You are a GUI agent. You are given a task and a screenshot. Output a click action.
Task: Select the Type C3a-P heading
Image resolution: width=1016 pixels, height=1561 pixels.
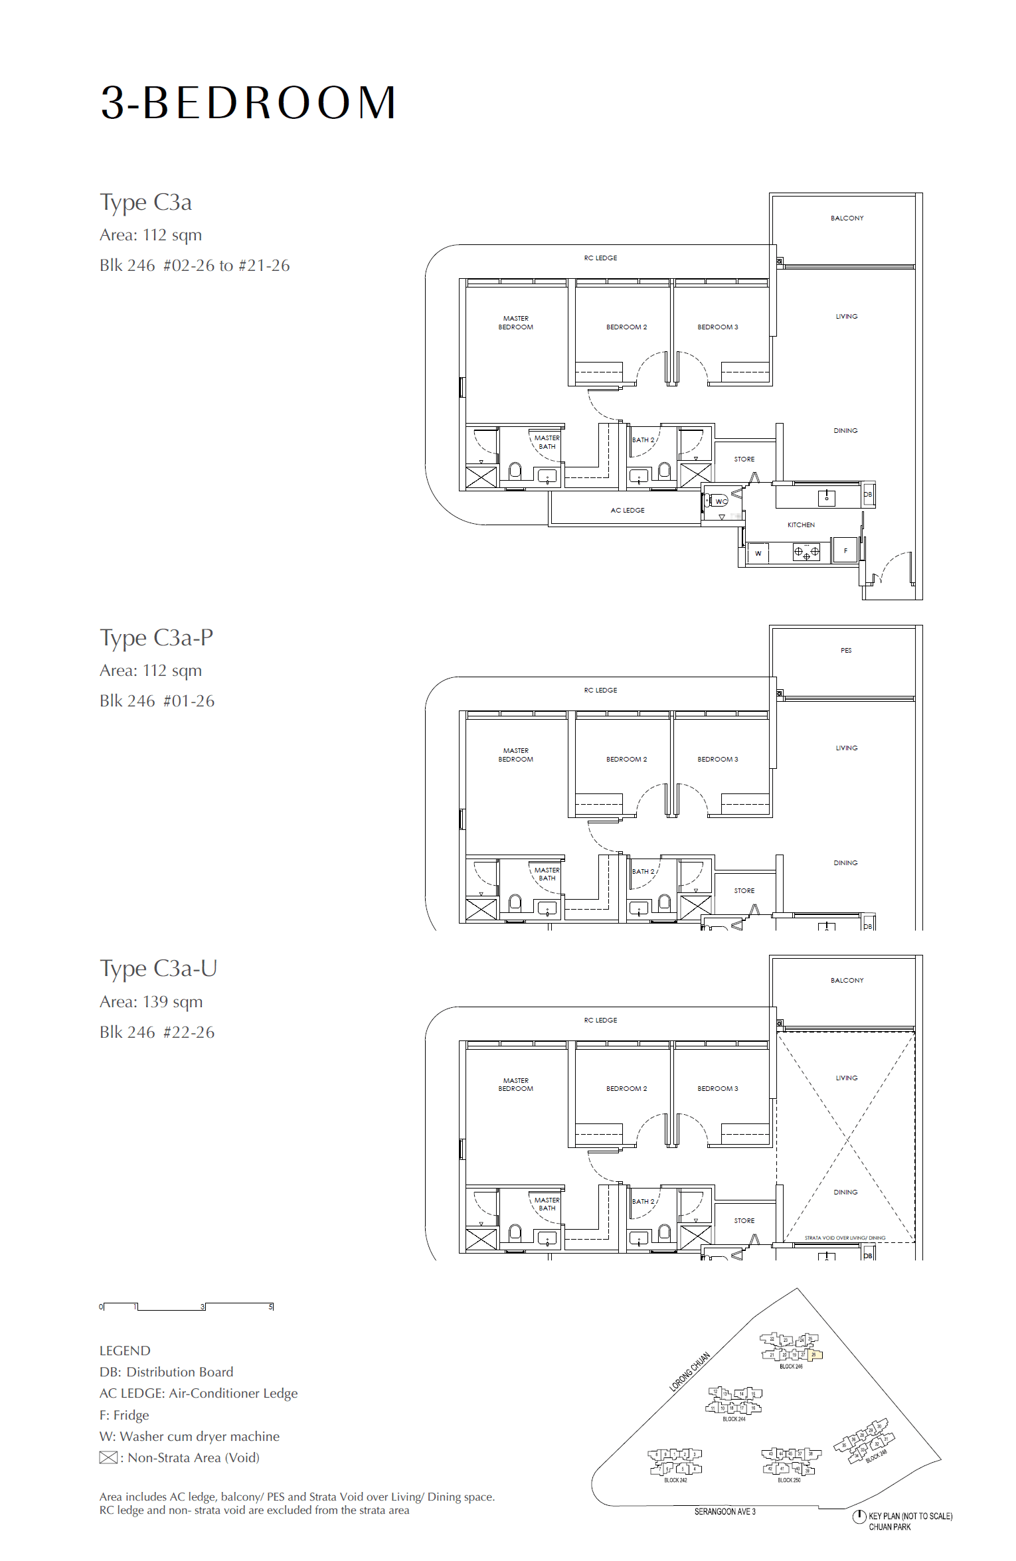click(156, 637)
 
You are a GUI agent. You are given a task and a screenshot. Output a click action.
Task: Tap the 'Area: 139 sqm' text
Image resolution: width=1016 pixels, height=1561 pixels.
click(151, 1001)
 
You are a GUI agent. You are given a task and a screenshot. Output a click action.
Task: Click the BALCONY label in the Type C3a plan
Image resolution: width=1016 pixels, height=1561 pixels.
click(847, 218)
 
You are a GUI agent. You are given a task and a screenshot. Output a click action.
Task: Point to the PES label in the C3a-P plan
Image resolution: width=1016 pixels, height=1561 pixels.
click(845, 650)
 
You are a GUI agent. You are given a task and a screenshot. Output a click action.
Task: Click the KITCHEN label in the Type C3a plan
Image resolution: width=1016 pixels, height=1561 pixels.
click(801, 525)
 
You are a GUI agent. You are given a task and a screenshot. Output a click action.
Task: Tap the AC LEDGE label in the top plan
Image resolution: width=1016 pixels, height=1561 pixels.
click(628, 510)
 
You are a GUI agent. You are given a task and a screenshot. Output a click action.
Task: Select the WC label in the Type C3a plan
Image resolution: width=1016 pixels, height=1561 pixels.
click(720, 501)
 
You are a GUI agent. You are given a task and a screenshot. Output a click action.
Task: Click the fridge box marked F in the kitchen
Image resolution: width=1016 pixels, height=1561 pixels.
click(845, 550)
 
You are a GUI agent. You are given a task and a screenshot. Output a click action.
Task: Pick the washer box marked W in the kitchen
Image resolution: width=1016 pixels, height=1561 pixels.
click(758, 553)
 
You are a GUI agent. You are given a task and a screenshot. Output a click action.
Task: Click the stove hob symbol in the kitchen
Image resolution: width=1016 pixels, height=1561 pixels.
click(806, 552)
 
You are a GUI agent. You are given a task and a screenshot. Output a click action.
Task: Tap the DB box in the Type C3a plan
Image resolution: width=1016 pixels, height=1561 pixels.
click(867, 495)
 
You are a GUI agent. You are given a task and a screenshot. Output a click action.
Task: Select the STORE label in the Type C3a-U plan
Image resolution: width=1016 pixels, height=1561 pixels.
click(744, 1220)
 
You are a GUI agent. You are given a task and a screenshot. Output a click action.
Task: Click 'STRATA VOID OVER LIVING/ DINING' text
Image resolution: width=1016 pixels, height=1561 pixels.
click(845, 1238)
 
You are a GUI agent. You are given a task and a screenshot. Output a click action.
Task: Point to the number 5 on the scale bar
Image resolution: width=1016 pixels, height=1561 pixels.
click(270, 1307)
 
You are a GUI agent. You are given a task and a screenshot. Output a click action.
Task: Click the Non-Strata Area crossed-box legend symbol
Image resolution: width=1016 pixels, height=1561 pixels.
click(108, 1457)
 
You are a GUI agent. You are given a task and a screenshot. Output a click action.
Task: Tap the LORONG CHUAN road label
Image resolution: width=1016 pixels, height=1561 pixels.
click(689, 1371)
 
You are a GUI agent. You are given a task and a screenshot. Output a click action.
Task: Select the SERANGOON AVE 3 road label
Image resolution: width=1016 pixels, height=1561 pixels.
click(724, 1511)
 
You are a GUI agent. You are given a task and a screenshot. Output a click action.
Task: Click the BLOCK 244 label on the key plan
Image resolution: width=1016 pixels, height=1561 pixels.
click(734, 1419)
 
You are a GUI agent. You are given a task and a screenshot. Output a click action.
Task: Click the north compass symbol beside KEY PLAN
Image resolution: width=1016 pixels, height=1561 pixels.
click(859, 1516)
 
